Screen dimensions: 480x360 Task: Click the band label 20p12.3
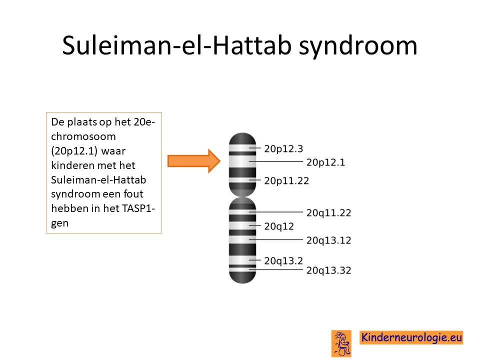(x=283, y=149)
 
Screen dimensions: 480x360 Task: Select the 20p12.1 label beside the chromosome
(x=325, y=162)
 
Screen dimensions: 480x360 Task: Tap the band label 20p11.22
(x=286, y=181)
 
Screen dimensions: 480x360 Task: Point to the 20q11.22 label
(x=329, y=213)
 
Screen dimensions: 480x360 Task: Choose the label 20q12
(x=279, y=226)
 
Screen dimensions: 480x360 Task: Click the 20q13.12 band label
(x=329, y=240)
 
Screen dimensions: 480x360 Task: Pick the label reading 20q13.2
(x=283, y=261)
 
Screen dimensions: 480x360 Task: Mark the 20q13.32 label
(x=329, y=270)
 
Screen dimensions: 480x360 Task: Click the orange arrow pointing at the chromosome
(x=194, y=161)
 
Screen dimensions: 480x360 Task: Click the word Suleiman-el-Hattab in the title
(x=176, y=45)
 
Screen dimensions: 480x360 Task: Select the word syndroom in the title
(x=358, y=46)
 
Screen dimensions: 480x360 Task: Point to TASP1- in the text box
(x=138, y=208)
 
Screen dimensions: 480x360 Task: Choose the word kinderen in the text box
(x=70, y=165)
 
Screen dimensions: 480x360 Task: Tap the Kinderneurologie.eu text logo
(x=411, y=337)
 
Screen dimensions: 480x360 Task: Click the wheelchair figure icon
(x=341, y=343)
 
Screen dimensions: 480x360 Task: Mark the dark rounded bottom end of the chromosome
(x=242, y=277)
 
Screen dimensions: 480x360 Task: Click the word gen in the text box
(x=59, y=223)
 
